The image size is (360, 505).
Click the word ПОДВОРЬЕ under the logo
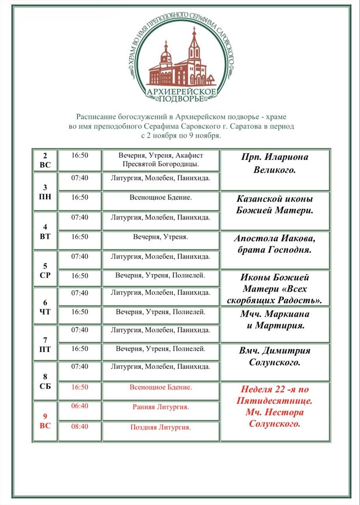coord(181,99)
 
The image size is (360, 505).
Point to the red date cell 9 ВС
coord(45,421)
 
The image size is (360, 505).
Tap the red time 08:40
coord(80,426)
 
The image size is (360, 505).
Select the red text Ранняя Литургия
coord(161,407)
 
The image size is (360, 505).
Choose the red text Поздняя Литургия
coord(161,427)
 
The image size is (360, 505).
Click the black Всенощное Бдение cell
coord(161,197)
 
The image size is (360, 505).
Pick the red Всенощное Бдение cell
coord(161,387)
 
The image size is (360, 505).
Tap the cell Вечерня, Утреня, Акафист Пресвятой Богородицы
coord(161,160)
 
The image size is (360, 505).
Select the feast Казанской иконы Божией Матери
coord(275,204)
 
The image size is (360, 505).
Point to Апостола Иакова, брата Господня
coord(275,244)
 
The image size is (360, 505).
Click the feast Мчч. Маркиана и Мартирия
coord(275,320)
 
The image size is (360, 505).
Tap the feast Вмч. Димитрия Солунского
coord(275,356)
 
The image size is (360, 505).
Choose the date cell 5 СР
coord(45,270)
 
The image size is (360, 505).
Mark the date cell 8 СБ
coord(45,382)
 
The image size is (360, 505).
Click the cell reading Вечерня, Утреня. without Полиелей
coord(161,237)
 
